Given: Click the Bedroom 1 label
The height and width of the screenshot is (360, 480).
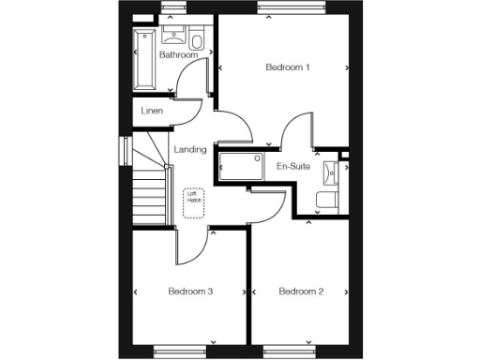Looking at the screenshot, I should click(x=288, y=67).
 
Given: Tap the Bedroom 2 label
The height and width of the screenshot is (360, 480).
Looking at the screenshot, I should click(x=301, y=292).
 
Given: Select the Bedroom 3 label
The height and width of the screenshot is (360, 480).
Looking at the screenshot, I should click(x=190, y=292).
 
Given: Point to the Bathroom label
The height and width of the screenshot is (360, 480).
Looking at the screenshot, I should click(x=178, y=55).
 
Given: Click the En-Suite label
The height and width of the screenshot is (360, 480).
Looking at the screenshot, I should click(x=292, y=167).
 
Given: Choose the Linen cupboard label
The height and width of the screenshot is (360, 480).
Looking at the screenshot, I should click(x=152, y=112).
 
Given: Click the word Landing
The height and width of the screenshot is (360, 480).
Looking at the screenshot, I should click(x=190, y=150).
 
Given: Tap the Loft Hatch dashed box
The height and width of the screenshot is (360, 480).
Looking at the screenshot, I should click(x=194, y=199).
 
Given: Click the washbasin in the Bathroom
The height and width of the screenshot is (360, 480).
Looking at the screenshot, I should click(x=174, y=37).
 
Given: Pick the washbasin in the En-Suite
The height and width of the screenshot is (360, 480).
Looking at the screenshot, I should click(x=332, y=172).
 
